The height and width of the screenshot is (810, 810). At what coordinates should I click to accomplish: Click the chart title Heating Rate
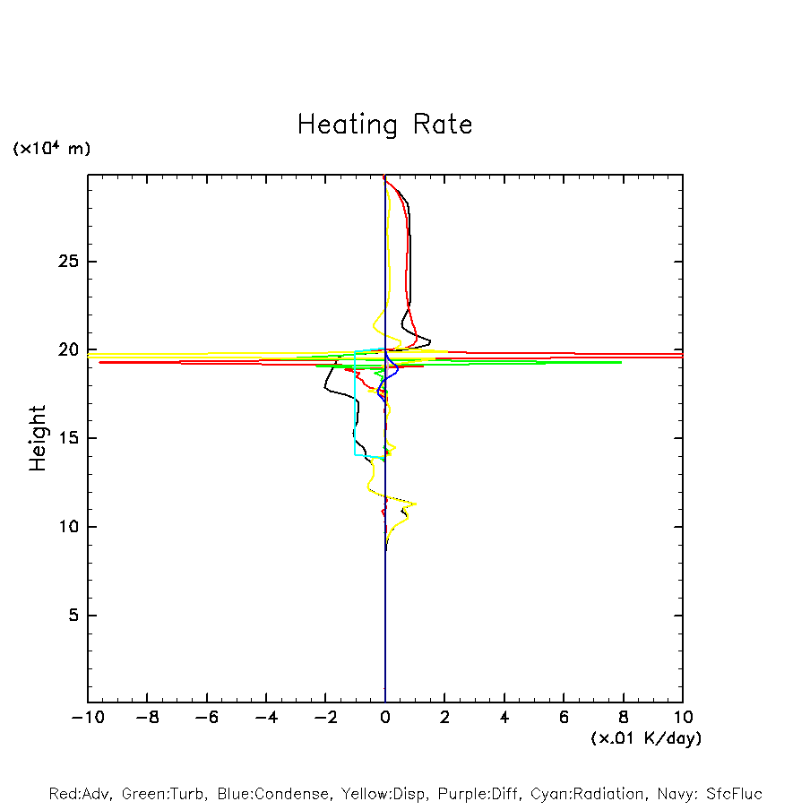(x=384, y=125)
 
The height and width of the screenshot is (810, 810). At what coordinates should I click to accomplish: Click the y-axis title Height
(x=38, y=438)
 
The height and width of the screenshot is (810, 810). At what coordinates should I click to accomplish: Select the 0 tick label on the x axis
(x=385, y=718)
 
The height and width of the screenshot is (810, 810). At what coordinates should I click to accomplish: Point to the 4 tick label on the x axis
(x=504, y=718)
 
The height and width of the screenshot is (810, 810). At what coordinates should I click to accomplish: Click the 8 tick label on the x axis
(x=624, y=718)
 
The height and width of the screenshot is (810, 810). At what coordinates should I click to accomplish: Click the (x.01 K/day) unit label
(x=646, y=738)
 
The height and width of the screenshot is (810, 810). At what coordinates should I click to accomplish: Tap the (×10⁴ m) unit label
(x=51, y=149)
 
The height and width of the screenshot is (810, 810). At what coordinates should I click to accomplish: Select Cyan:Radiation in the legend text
(x=588, y=794)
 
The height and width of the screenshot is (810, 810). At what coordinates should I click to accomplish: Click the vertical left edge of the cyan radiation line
(x=355, y=403)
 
